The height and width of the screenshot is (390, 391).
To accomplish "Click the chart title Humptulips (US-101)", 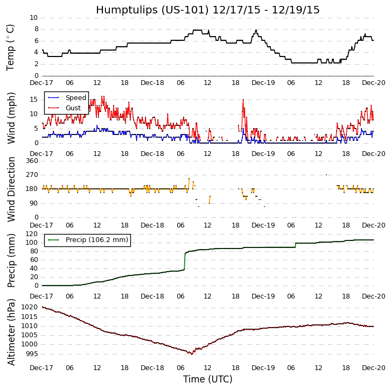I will (207, 10).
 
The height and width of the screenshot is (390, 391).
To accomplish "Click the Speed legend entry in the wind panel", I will (75, 98).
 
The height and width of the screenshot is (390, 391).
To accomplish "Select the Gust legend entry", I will (73, 108).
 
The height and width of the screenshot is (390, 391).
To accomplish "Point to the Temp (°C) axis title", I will (11, 47).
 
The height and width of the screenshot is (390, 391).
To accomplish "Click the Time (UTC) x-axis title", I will (207, 379).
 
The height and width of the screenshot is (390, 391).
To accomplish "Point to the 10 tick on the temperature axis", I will (33, 18).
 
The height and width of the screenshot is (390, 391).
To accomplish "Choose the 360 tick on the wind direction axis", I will (31, 161).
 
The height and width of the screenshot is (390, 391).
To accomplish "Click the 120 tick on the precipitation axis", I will (31, 234).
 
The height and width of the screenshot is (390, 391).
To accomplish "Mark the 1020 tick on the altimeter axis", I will (29, 307).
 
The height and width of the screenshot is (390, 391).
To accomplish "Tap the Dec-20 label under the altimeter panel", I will (373, 367).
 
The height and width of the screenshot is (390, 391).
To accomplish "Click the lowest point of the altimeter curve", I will (192, 354).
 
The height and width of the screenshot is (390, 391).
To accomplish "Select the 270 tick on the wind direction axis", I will (31, 175).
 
